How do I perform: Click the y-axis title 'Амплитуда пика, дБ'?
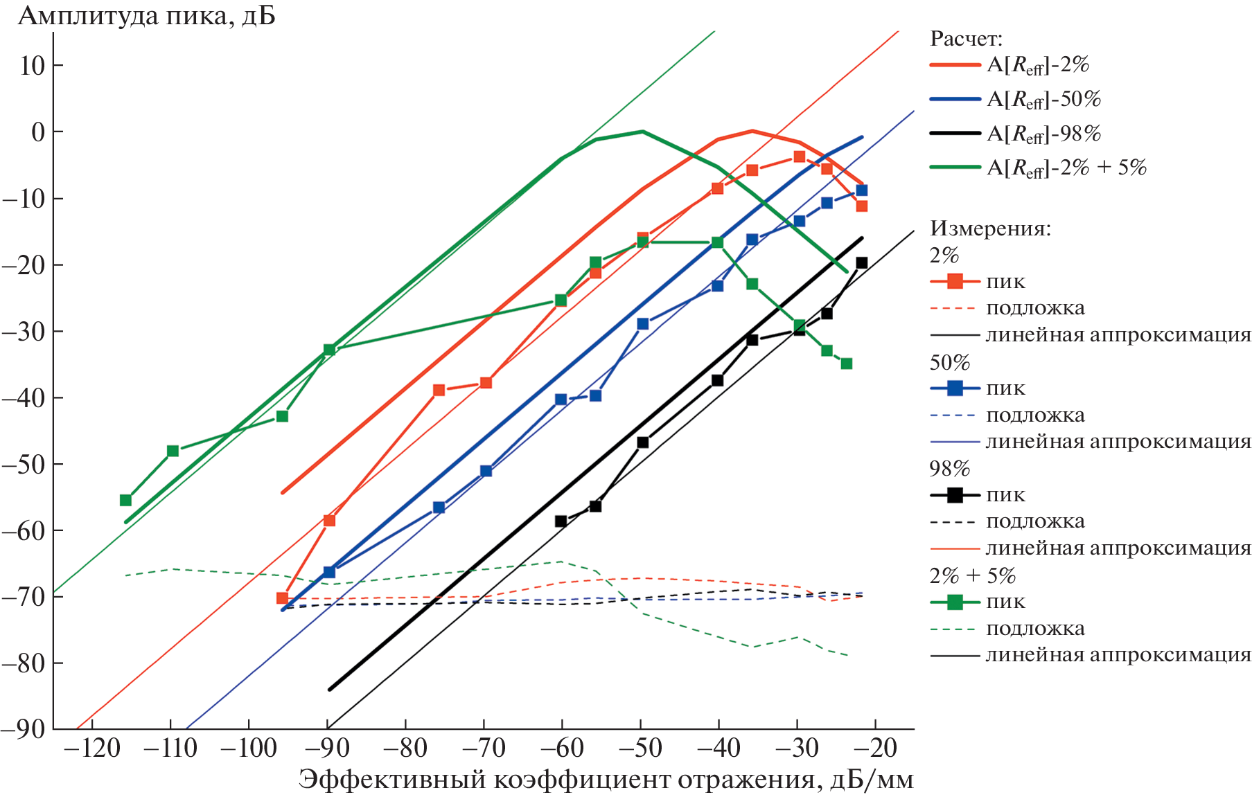(146, 15)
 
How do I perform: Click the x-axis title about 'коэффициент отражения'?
(606, 780)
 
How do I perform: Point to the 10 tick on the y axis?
(32, 66)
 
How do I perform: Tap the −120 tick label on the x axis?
(91, 749)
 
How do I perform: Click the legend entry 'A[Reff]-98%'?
(1043, 134)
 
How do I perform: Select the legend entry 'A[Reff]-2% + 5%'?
(1066, 168)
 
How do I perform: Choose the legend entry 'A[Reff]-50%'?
(1043, 100)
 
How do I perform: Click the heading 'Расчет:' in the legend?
(966, 39)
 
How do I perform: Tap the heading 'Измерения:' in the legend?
(990, 229)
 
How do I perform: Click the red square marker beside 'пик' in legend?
(955, 282)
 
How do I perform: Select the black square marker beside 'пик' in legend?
(955, 495)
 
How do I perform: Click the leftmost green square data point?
(125, 500)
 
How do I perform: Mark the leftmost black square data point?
(561, 521)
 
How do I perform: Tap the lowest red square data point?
(282, 598)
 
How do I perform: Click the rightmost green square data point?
(846, 364)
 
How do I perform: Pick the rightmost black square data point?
(861, 262)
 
